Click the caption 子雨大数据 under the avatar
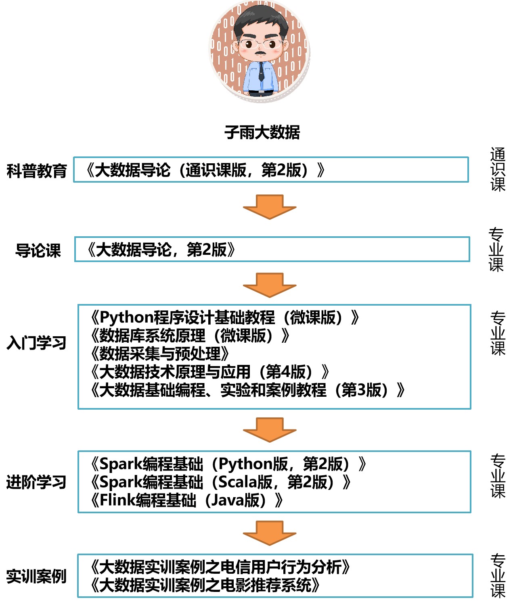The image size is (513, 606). pos(262,132)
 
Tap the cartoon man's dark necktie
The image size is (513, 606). pos(262,72)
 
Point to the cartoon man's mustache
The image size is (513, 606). pos(261,52)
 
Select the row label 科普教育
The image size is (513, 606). pos(37,171)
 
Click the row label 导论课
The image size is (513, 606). pos(38,250)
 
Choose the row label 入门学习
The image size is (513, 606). pos(37,343)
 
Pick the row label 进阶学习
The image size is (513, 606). pos(37,482)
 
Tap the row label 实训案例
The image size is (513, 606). pos(37,576)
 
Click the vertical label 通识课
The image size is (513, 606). pos(498,169)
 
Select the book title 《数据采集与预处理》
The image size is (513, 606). pos(160,354)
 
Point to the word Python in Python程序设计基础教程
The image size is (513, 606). pos(126,317)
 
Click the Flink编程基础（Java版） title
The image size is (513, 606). pos(187,500)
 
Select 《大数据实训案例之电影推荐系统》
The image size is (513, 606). pos(205,585)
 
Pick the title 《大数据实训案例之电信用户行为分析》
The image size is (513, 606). pos(220,567)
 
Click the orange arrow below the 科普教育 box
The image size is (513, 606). pos(269,206)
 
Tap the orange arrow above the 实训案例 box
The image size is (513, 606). pos(269,532)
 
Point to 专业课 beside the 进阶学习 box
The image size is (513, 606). pos(498,476)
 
